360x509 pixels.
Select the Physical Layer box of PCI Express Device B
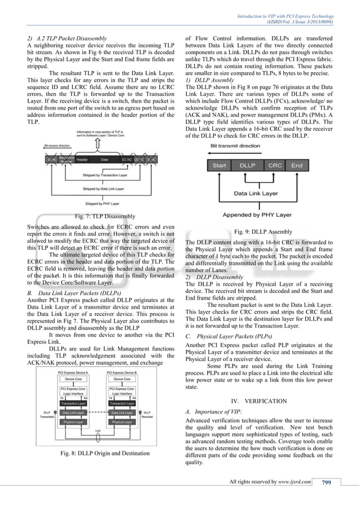[122, 422]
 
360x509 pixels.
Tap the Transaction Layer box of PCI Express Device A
[76, 403]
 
